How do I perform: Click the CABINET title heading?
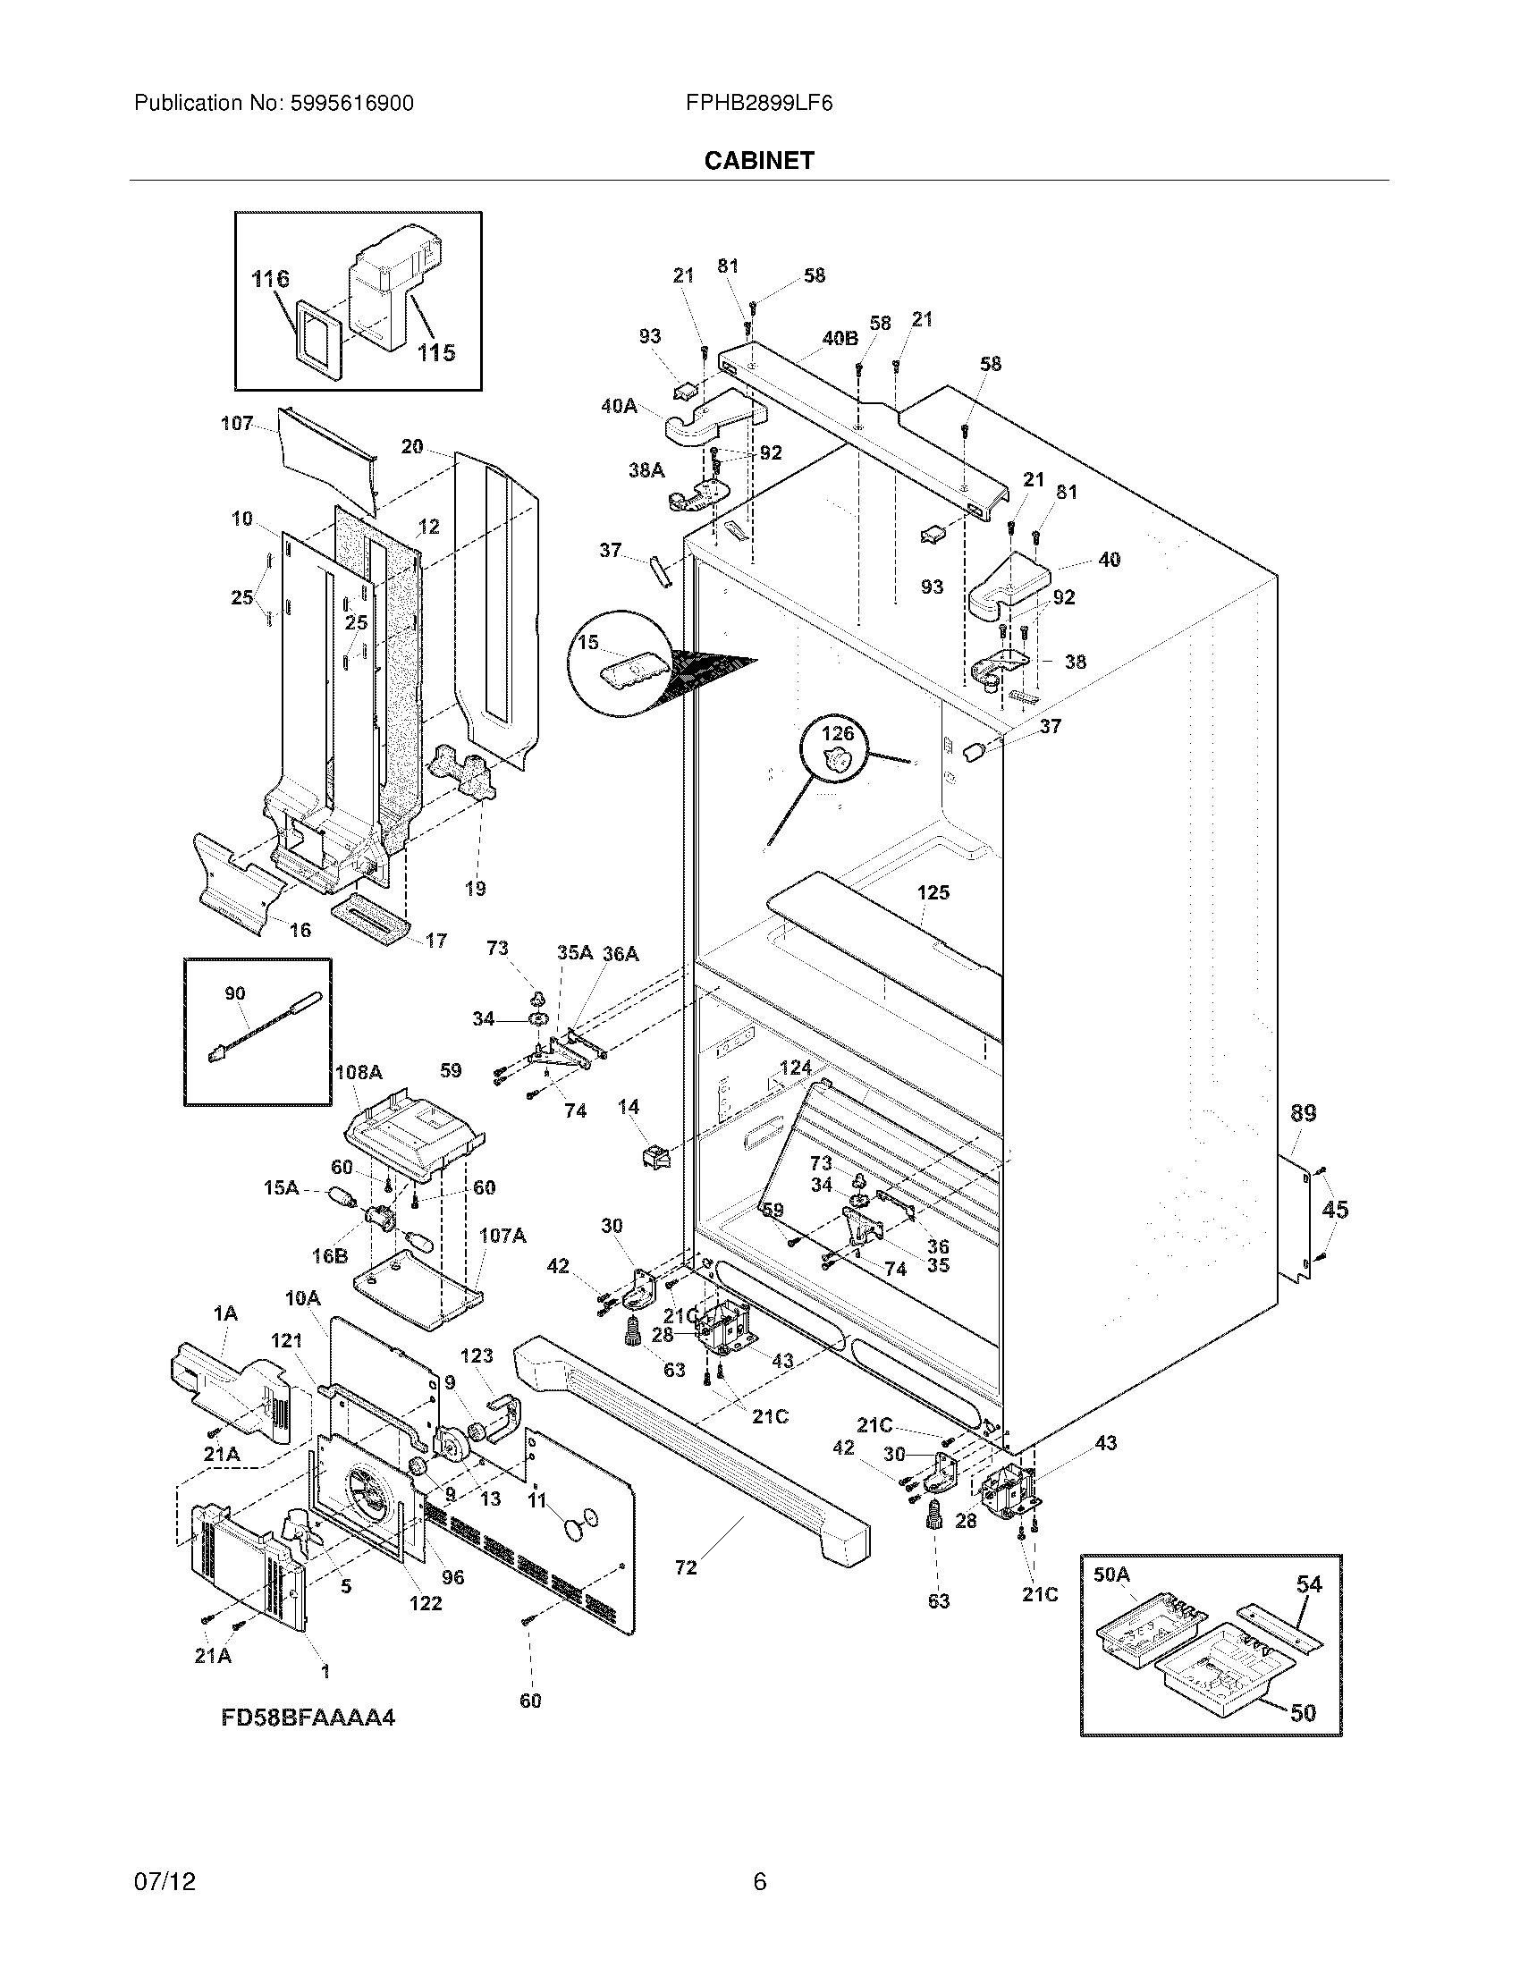758,160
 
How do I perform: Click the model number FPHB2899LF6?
758,104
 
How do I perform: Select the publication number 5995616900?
352,104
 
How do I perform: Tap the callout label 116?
270,279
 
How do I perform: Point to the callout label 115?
435,353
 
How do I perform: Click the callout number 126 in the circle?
837,734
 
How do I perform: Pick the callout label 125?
933,892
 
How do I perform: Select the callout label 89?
1303,1113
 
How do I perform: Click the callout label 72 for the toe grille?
685,1568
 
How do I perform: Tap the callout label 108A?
359,1072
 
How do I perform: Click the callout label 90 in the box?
234,993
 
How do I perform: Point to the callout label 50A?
1110,1574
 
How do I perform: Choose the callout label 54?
1308,1584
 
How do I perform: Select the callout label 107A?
502,1236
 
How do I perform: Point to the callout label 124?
795,1068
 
